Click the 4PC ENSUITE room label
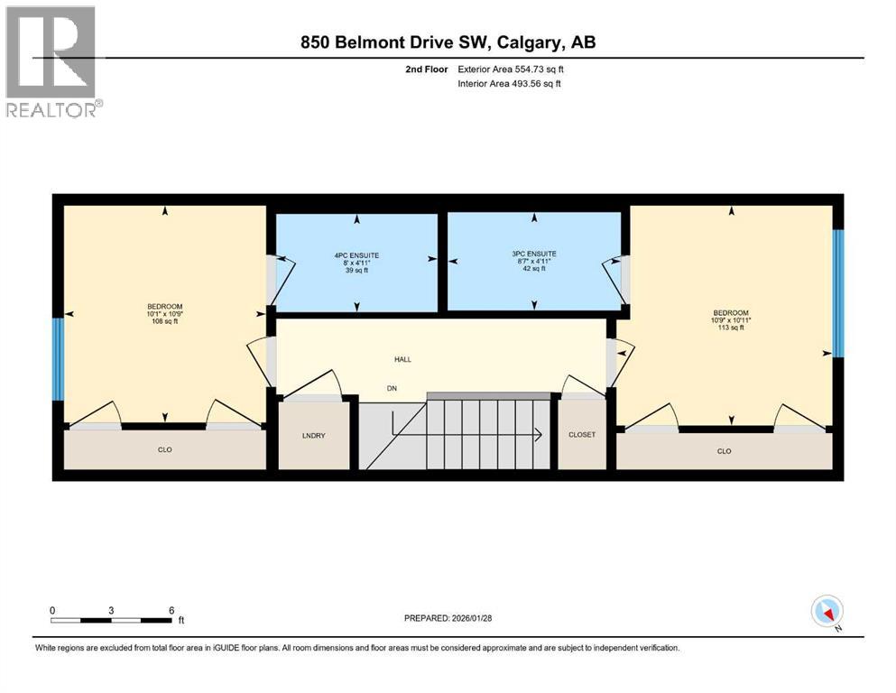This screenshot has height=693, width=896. coord(356,255)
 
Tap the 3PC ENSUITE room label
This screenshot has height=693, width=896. coord(534,254)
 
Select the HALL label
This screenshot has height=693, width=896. coord(402,359)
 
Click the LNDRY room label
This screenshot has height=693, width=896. coord(313,435)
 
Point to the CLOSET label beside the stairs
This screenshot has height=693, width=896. coord(582,435)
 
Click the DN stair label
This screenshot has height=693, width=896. coord(392,389)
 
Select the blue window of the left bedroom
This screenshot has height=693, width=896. coord(58,358)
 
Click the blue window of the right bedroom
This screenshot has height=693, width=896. coord(837,293)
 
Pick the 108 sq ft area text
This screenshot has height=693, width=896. coord(164,321)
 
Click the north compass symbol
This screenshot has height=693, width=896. coord(827,613)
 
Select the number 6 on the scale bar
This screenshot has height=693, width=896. coord(171,610)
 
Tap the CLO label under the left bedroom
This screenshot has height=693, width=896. coord(164,449)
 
